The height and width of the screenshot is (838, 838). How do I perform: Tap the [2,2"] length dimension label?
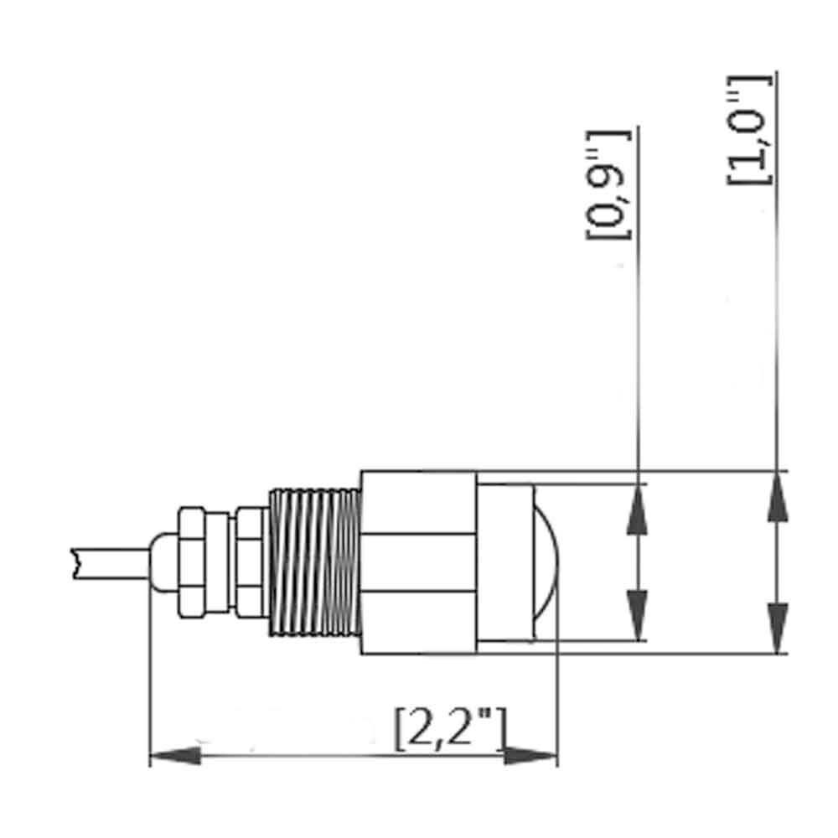(x=450, y=730)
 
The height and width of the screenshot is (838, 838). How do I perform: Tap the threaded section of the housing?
(x=314, y=562)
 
